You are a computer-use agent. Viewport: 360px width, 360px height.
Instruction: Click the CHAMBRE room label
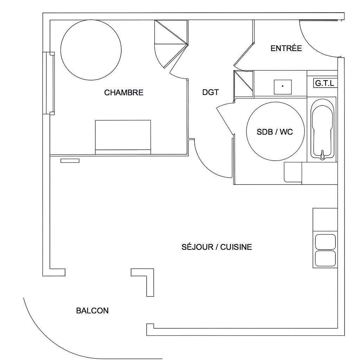[124, 92]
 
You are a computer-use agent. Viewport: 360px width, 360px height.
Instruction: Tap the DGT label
[211, 92]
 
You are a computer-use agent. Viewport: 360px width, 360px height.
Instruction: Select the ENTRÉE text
[286, 48]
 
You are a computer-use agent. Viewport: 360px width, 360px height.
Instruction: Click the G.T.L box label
[324, 83]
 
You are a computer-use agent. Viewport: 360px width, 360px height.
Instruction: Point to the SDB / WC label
[275, 132]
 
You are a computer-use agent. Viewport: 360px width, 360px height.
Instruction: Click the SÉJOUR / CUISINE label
[217, 247]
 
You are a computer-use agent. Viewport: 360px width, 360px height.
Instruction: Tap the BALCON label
[92, 311]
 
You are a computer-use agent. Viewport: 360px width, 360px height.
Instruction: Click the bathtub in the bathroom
[322, 130]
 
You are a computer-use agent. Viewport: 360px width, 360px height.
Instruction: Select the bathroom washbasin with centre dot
[283, 87]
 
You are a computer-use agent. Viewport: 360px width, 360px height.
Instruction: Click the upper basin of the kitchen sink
[325, 242]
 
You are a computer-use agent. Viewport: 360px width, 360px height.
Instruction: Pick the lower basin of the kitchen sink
[325, 258]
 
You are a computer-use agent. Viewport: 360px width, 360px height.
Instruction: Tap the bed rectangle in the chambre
[123, 137]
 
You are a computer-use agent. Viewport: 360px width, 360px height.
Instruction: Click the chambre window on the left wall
[49, 83]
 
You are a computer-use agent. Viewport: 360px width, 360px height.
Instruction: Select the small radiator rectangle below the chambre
[70, 161]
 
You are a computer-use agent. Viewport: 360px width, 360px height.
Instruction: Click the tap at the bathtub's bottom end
[323, 155]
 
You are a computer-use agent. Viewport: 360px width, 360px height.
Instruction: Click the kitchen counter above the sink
[325, 219]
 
